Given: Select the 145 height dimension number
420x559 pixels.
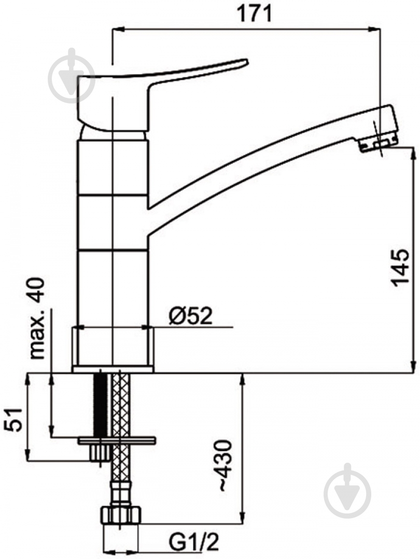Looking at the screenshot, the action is pos(400,268).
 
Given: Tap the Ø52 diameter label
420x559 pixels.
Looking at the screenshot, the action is pos(190,316).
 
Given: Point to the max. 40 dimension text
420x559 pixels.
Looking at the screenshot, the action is pos(37,318).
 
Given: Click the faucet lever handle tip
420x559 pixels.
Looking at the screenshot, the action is pos(246,61).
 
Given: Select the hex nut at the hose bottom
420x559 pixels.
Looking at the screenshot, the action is pos(120,515).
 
